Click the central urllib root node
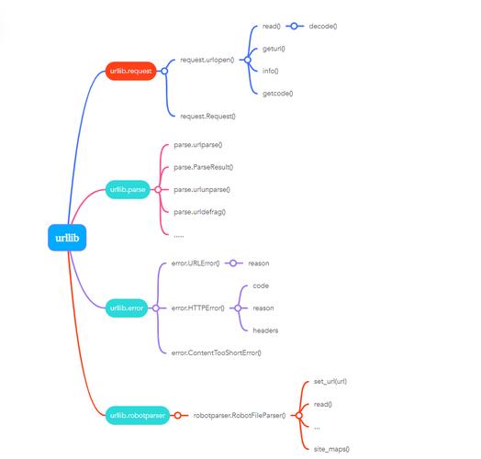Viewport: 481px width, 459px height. pos(67,238)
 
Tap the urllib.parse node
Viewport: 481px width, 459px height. pos(126,190)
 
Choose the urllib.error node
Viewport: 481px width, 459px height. pos(126,308)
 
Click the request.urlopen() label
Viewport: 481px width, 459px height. pos(207,60)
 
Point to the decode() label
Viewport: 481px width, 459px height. pos(323,26)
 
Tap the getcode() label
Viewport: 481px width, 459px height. pos(278,93)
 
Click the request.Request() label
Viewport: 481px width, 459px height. pos(208,116)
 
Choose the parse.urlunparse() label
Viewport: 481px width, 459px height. pos(202,189)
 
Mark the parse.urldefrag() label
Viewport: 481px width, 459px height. pos(199,211)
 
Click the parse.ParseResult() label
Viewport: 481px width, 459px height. pos(203,167)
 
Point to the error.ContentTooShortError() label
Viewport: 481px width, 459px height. pos(217,352)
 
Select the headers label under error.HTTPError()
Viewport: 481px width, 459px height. pos(265,330)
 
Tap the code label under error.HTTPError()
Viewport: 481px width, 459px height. pos(261,285)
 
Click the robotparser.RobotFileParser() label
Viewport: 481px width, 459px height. pos(239,415)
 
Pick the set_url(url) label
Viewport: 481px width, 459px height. pos(330,381)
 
